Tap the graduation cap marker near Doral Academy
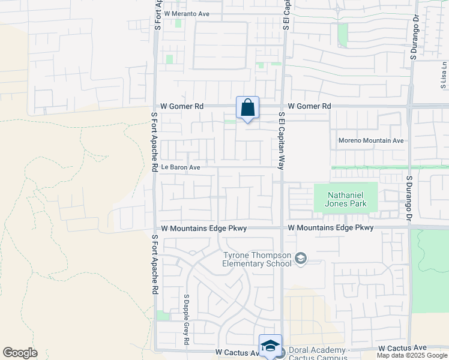pos(270,346)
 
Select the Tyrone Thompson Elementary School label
pos(257,259)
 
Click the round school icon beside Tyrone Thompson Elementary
pos(301,259)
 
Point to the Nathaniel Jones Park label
pos(346,199)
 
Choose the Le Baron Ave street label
pos(179,168)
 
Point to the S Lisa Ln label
pos(444,74)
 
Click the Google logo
pos(20,353)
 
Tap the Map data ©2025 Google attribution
pos(412,356)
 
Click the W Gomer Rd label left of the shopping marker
pos(182,106)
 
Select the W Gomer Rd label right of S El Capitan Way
pos(309,106)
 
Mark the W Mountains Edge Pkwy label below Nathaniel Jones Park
pos(331,228)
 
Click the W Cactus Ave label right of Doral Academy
pos(402,348)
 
